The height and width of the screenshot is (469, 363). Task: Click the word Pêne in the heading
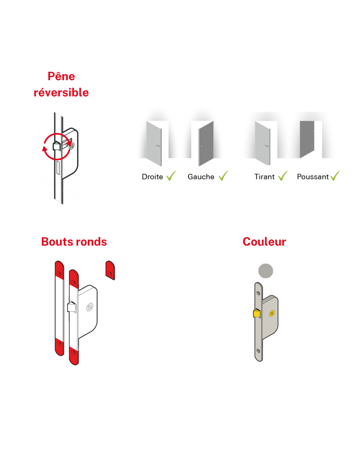61,77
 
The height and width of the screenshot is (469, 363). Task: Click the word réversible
61,93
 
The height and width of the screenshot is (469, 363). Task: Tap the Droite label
152,177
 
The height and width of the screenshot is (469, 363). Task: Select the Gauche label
201,177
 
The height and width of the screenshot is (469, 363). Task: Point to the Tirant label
264,177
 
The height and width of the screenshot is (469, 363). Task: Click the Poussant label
313,177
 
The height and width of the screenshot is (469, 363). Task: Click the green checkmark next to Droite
171,176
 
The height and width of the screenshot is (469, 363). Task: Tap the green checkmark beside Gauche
223,176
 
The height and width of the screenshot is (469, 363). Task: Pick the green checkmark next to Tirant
283,176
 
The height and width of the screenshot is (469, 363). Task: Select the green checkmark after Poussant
335,176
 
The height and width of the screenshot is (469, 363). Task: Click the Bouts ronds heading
74,242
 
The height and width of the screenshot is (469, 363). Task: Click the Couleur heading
264,242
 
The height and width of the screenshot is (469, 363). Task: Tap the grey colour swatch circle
266,271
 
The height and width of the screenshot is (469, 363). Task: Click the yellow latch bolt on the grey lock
257,313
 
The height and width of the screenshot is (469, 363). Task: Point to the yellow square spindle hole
272,313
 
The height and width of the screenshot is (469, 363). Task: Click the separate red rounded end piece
110,270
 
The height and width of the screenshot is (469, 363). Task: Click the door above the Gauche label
206,143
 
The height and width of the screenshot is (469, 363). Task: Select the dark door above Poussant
307,140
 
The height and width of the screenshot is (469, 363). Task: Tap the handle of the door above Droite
158,146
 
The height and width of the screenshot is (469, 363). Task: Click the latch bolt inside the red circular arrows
57,146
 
